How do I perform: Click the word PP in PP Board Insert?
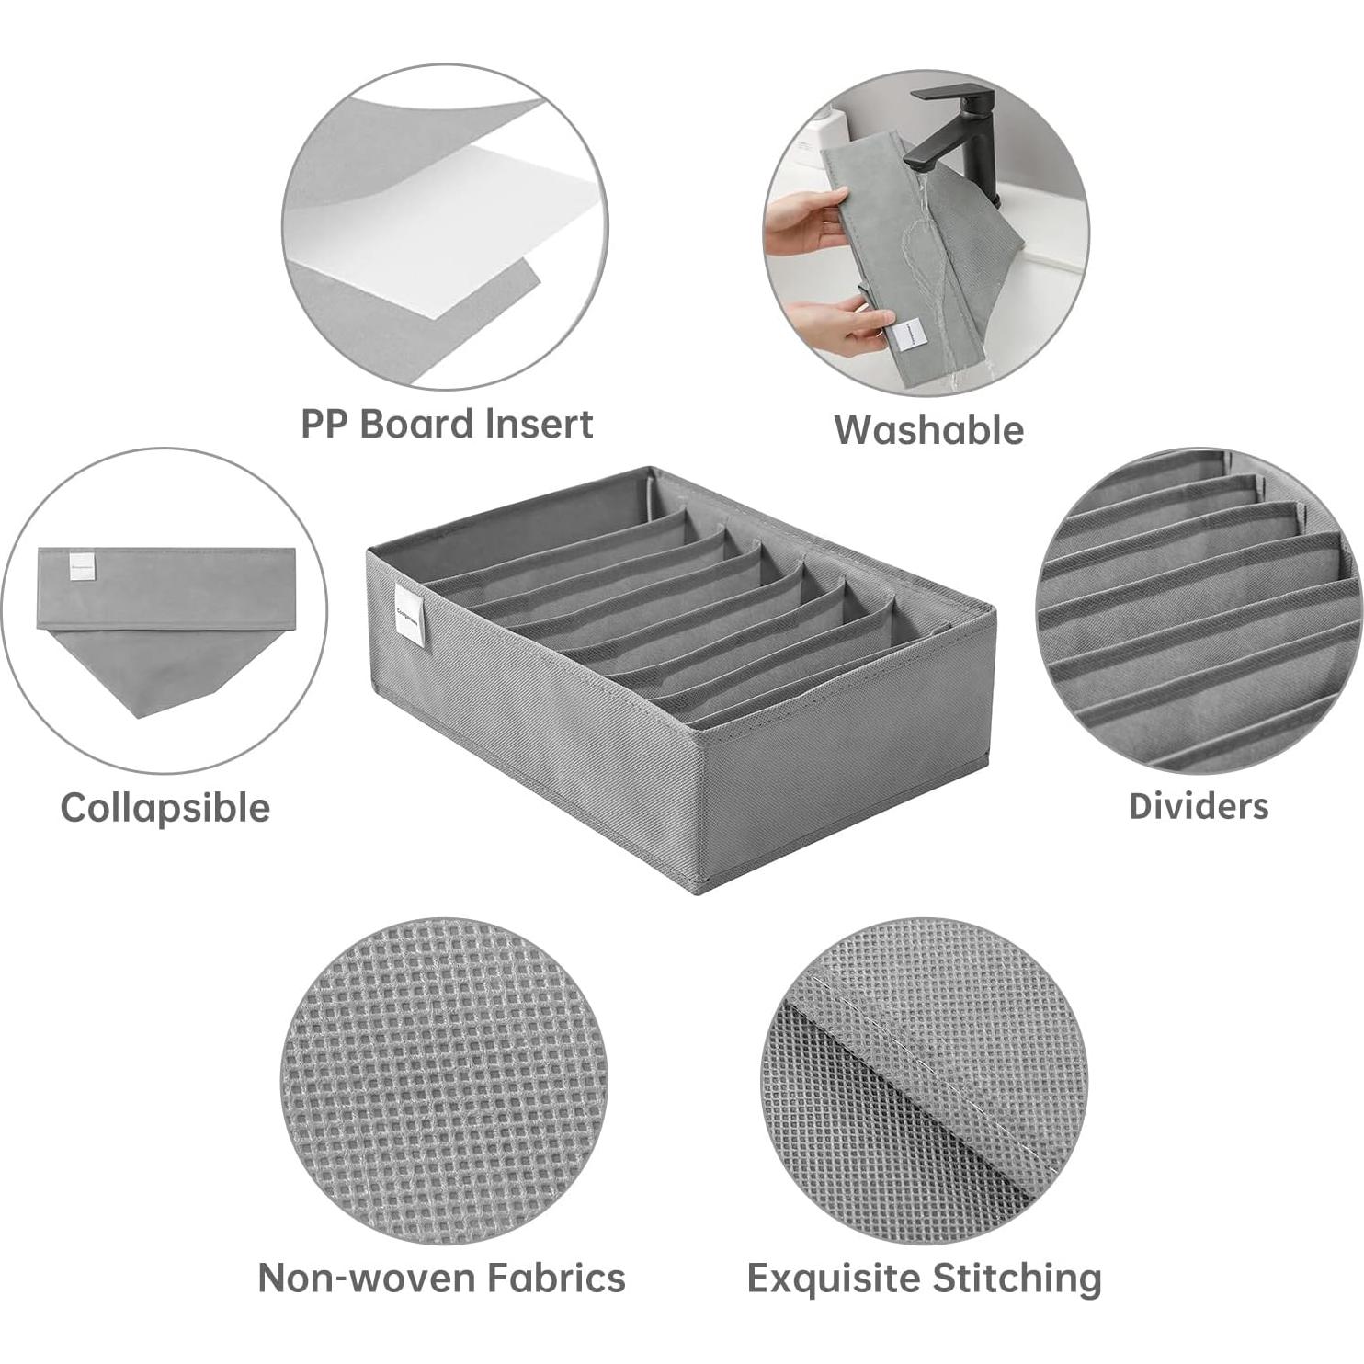coord(324,425)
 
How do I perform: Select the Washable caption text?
coord(928,430)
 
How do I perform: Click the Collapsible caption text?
coord(165,808)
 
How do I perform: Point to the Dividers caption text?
coord(1199,806)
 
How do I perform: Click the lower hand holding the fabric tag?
coord(836,326)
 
